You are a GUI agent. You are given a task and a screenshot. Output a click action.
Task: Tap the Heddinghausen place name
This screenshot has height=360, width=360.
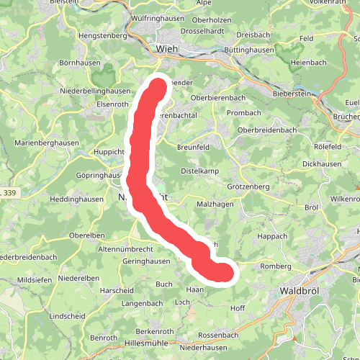coord(76,199)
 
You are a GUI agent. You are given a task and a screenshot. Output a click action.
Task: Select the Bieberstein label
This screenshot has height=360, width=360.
coord(296,94)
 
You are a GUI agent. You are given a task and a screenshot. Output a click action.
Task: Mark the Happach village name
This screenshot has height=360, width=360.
coord(271,235)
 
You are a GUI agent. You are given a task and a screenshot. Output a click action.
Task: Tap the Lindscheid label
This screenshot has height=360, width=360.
coord(68,316)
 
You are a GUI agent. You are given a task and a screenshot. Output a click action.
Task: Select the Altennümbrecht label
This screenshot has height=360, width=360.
coord(125,248)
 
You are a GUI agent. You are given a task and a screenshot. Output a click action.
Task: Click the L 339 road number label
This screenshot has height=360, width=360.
coord(9,194)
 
